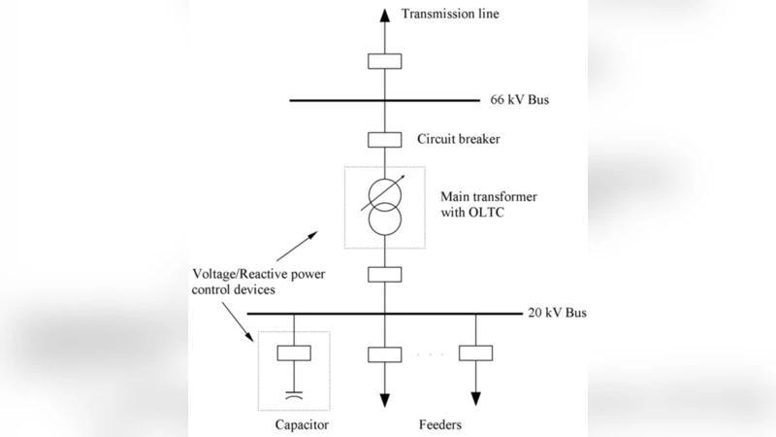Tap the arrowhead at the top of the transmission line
[x=384, y=14]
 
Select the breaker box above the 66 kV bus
[x=384, y=61]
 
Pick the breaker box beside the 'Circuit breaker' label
[x=384, y=140]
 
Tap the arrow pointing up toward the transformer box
[x=312, y=236]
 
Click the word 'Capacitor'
[x=301, y=425]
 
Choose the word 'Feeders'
[x=439, y=425]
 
